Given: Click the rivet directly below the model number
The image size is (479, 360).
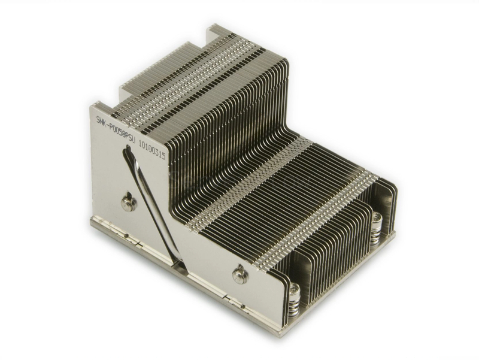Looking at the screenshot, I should (128, 204).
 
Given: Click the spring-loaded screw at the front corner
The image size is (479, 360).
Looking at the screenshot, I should (293, 300).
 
